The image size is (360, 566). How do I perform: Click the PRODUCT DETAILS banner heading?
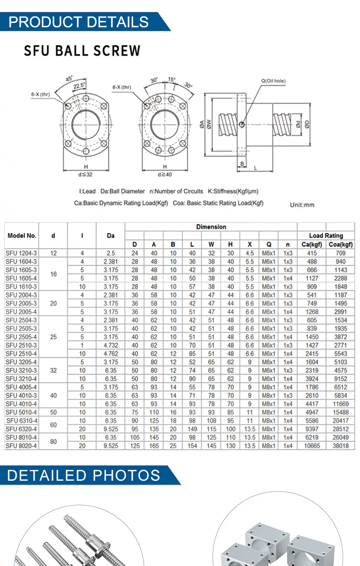[78, 22]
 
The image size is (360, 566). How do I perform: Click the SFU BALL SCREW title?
[82, 51]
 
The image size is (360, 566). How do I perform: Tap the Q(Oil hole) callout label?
[273, 81]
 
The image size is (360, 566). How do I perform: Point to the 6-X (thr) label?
[40, 94]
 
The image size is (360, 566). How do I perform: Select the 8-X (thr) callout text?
[122, 87]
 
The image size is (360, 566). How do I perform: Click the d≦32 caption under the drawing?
[85, 175]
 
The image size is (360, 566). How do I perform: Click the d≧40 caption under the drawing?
[165, 175]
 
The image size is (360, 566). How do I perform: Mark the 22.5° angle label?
[79, 86]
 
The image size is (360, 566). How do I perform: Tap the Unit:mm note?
[302, 205]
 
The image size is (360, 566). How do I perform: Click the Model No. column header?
[22, 236]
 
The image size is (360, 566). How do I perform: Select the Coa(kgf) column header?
[340, 244]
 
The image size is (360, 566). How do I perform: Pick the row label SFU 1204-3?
[21, 253]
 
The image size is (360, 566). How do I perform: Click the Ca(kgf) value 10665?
[312, 446]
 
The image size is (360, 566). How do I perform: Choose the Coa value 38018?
[340, 446]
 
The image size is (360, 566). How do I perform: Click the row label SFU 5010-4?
[21, 412]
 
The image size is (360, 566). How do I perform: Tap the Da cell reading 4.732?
[111, 345]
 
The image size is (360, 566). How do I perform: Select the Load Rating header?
[326, 236]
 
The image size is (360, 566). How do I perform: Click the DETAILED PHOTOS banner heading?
[83, 475]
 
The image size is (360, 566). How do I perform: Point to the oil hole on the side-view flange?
[242, 125]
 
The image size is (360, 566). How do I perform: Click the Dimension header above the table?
[211, 227]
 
